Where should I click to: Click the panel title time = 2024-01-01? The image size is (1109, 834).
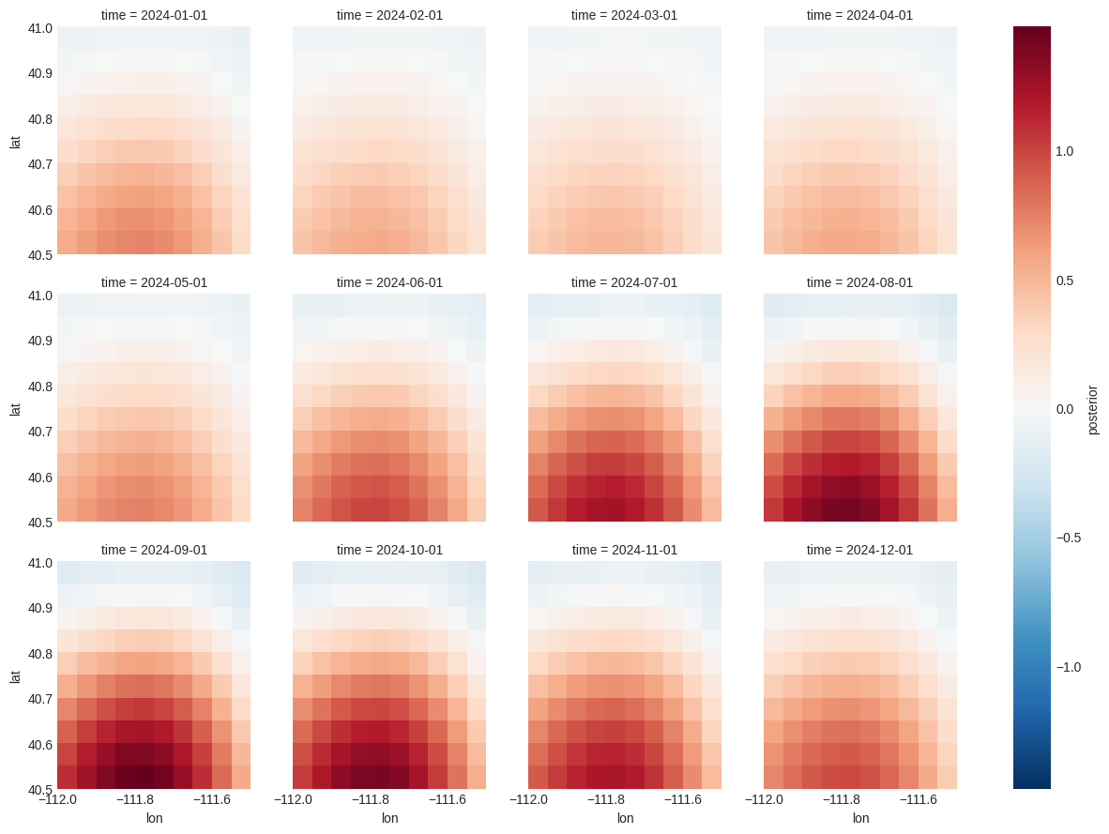click(x=154, y=15)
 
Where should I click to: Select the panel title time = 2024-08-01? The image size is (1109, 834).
click(x=859, y=282)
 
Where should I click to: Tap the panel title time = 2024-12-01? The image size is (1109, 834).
click(x=859, y=550)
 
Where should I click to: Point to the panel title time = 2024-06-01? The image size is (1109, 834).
click(x=389, y=282)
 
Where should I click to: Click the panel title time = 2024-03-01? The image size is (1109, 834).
click(x=624, y=15)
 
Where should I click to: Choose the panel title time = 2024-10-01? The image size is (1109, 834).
click(x=389, y=550)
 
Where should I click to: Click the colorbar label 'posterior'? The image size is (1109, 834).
click(x=1092, y=410)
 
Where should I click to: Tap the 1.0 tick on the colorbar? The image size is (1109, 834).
click(x=1064, y=151)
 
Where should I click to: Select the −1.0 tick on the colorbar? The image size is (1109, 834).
click(x=1068, y=667)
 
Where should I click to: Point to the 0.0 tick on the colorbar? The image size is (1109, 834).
click(x=1064, y=409)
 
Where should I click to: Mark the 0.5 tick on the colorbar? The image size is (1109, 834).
click(x=1064, y=281)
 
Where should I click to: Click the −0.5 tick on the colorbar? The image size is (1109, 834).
click(x=1068, y=538)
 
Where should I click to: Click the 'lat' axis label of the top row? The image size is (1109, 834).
click(x=15, y=142)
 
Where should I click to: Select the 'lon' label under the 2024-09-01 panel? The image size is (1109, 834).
click(x=154, y=818)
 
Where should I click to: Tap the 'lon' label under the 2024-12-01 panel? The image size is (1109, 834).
click(x=859, y=818)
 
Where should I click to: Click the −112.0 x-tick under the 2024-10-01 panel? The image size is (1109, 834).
click(x=293, y=800)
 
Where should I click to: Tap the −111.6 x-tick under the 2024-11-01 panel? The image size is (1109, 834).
click(x=683, y=800)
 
